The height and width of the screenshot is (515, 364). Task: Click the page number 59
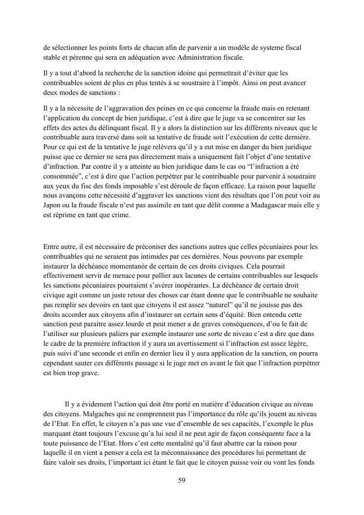[182, 480]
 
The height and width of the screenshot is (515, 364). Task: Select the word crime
[120, 215]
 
